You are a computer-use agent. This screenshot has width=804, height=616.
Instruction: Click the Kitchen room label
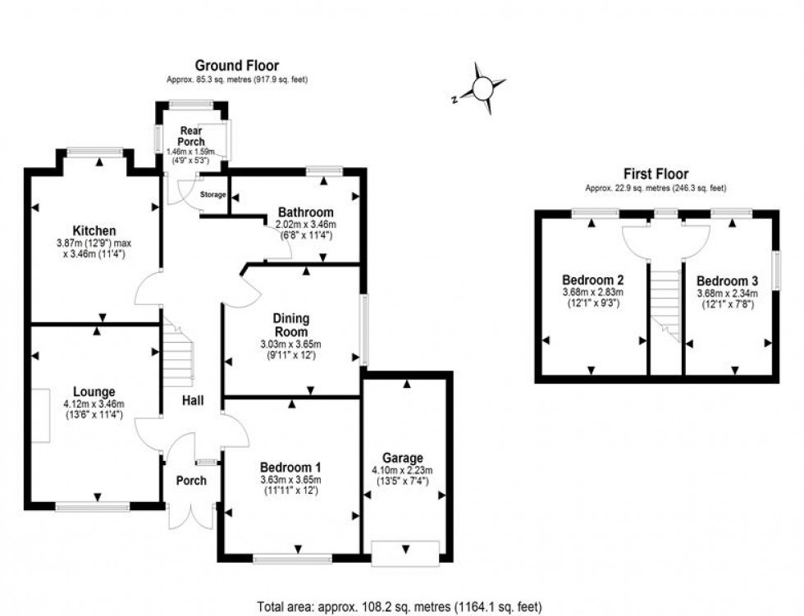(x=94, y=230)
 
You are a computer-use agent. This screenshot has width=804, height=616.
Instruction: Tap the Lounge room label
(x=94, y=391)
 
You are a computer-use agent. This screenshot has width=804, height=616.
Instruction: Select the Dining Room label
(x=292, y=326)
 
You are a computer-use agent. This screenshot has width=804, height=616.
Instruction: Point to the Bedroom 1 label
(x=292, y=466)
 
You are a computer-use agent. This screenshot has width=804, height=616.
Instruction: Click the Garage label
(x=402, y=458)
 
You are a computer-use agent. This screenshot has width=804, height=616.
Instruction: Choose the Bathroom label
(x=305, y=211)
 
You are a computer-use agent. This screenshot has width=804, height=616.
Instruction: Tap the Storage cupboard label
(x=212, y=194)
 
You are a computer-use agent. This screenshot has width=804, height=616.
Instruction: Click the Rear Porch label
(x=191, y=136)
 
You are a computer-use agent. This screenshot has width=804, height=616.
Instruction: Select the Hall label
(x=194, y=401)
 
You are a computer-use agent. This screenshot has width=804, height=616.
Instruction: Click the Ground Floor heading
(x=236, y=66)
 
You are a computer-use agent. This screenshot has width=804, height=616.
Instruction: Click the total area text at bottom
(x=401, y=607)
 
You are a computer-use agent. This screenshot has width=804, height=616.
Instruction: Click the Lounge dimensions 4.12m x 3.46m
(x=94, y=404)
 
